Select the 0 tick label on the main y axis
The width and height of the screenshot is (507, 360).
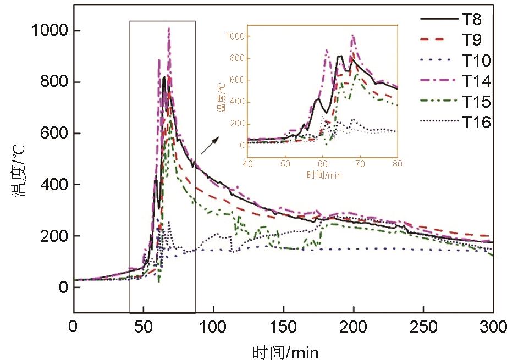coord(64,287)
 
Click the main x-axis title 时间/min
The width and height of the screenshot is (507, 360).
coord(285,351)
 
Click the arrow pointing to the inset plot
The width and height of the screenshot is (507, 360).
coord(209,146)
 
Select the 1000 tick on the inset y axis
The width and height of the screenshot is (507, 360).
coord(237,36)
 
